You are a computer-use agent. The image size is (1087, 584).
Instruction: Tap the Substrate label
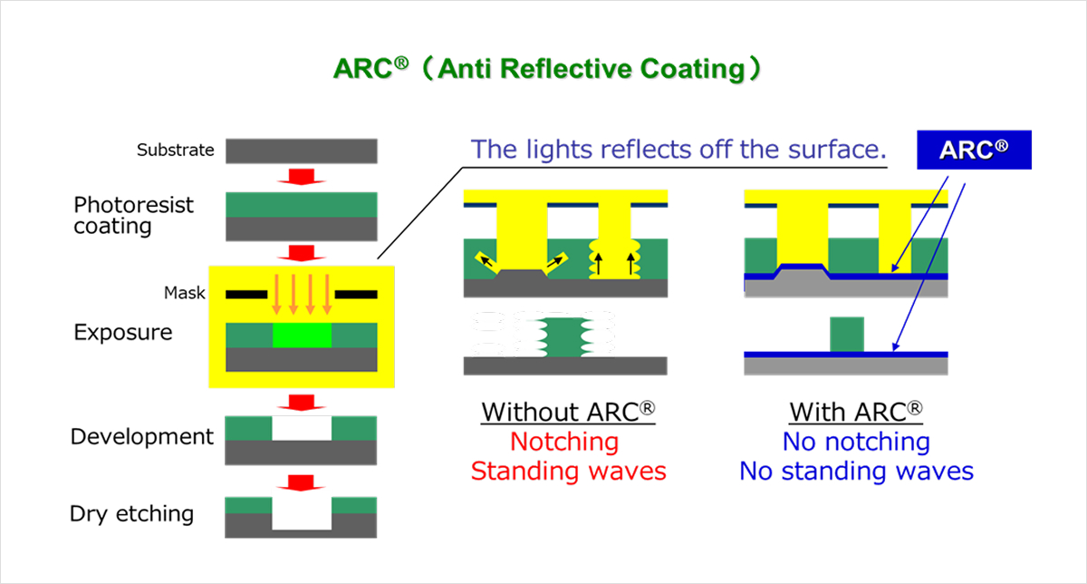175,150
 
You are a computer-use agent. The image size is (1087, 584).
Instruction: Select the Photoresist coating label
133,216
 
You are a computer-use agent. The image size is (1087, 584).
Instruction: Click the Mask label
184,293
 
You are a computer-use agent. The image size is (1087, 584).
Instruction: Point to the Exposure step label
122,332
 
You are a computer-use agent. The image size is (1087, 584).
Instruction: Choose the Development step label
142,437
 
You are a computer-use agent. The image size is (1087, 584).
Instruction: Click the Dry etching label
132,514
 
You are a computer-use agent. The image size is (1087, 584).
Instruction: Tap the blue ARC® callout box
974,151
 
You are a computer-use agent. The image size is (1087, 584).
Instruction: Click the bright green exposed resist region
302,336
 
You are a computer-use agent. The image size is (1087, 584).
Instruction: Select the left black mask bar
245,294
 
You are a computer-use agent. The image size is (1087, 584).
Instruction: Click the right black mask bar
356,294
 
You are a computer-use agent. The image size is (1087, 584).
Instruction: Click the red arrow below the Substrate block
301,177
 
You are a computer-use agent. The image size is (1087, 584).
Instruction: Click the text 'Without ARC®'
568,412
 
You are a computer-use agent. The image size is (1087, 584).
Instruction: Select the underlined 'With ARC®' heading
856,412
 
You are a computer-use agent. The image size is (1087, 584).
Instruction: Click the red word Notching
564,442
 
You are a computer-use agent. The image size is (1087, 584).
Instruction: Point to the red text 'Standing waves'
568,472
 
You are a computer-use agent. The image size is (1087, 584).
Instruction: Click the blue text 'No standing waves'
856,472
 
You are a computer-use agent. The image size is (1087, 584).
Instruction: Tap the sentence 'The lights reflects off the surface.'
678,150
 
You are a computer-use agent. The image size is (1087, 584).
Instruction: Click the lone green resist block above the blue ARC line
848,333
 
